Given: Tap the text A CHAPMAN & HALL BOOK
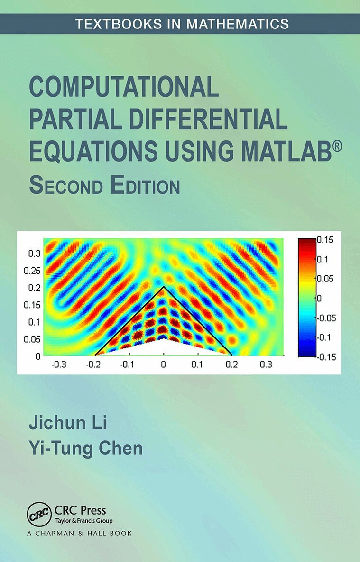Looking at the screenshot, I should click(x=79, y=533).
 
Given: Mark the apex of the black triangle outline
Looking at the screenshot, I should click(x=164, y=287).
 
